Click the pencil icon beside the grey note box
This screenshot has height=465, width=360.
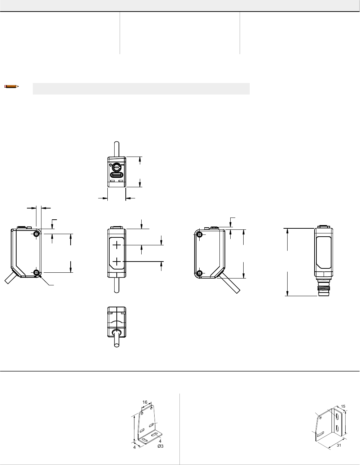click(x=12, y=87)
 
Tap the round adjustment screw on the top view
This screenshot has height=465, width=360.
click(x=117, y=167)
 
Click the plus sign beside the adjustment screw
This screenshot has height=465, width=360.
click(x=111, y=165)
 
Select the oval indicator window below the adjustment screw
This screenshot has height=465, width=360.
click(x=117, y=175)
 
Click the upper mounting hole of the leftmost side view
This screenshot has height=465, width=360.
click(x=36, y=234)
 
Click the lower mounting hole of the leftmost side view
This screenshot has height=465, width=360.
click(x=36, y=272)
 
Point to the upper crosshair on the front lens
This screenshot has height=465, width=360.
click(x=117, y=245)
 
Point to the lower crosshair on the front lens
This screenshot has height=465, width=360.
click(x=117, y=262)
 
